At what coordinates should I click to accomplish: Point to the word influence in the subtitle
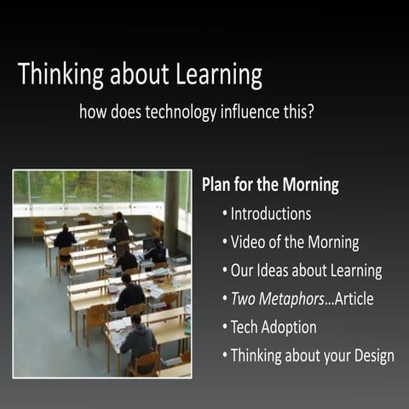252,112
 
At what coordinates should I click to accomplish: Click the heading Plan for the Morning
270,185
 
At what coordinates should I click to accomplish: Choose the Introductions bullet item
270,213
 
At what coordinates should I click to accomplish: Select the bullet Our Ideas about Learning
306,271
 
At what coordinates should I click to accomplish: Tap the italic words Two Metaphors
278,299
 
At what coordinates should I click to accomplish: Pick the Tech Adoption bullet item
273,327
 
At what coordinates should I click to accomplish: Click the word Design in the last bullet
372,356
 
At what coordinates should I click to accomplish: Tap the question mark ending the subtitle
311,112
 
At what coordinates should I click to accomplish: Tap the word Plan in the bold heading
216,185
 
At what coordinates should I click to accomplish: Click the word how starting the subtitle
92,112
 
